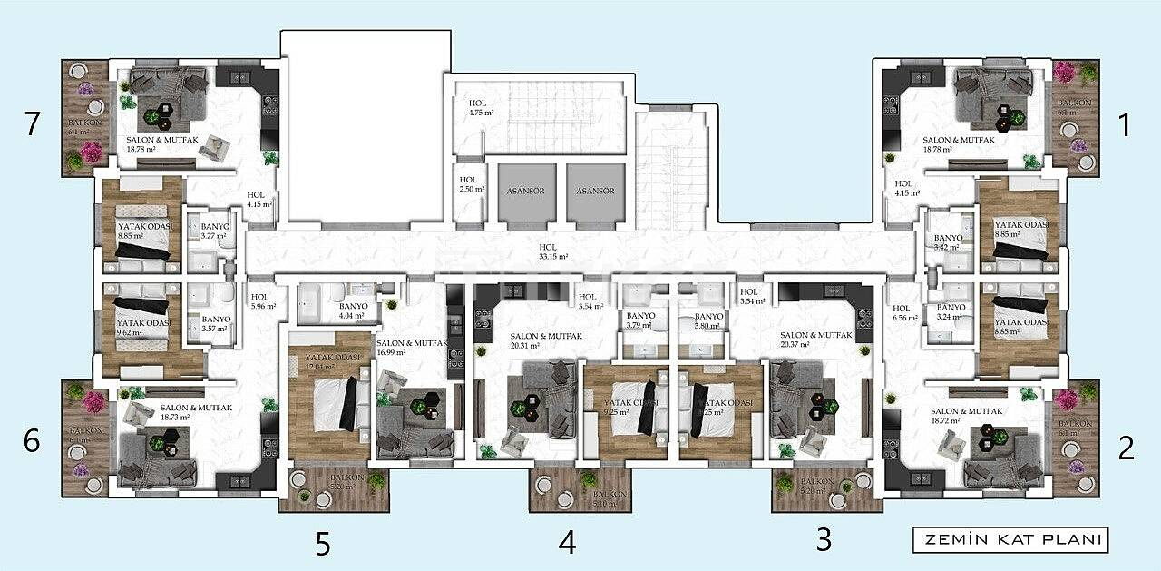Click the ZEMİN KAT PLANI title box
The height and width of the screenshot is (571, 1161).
[1010, 539]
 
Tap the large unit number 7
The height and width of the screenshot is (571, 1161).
[33, 123]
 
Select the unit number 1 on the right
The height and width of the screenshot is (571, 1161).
[1125, 124]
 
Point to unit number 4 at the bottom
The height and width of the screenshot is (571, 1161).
[567, 542]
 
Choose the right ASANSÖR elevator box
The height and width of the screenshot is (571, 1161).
[595, 192]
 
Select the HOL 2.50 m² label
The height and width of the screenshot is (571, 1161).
[471, 185]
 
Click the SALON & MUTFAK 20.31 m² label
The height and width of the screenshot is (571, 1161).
[545, 340]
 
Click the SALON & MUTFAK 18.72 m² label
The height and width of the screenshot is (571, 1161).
[966, 416]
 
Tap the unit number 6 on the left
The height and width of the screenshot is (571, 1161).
[33, 442]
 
